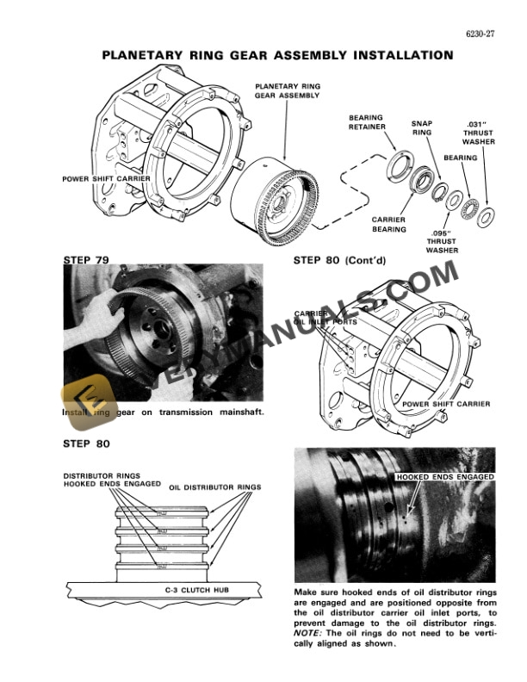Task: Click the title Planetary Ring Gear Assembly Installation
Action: [277, 55]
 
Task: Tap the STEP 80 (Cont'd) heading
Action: [343, 258]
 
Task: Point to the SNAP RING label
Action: [422, 128]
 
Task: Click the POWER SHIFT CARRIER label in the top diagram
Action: [105, 179]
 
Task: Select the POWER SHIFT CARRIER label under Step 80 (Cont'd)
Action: [445, 404]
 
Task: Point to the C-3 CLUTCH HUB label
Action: [194, 590]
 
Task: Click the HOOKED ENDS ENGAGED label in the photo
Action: [443, 476]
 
